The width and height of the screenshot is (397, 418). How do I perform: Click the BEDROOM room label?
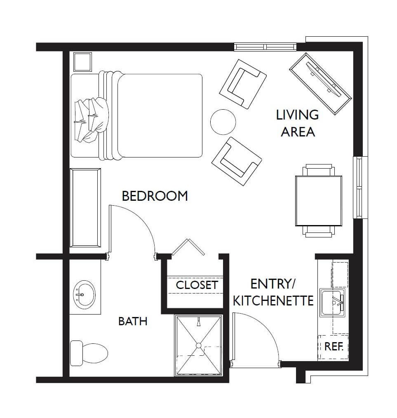click(x=155, y=196)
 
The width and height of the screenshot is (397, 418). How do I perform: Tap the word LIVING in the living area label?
click(x=297, y=115)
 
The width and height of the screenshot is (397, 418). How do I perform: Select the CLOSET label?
click(x=197, y=285)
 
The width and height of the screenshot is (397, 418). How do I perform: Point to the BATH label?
click(x=133, y=321)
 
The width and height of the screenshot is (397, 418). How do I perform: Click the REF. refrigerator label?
click(x=334, y=346)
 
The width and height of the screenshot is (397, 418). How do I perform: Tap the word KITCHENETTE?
click(x=273, y=301)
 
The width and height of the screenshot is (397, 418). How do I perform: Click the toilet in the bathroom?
click(x=89, y=353)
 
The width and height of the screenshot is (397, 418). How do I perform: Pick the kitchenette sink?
click(x=332, y=303)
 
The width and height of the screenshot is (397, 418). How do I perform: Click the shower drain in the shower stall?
click(x=198, y=345)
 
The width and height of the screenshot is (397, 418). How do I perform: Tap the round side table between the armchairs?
click(x=223, y=122)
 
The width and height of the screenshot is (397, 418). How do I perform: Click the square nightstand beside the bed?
click(x=82, y=61)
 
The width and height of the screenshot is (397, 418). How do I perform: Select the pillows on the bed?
click(x=92, y=119)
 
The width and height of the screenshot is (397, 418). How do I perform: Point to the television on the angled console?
click(x=324, y=79)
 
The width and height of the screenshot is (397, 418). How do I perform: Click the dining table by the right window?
click(x=319, y=201)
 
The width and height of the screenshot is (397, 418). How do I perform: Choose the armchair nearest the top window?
click(x=243, y=84)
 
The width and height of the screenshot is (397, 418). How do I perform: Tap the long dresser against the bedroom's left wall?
click(x=85, y=208)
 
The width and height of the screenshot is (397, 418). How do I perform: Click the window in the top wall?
click(x=265, y=47)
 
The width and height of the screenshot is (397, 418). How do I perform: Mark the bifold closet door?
click(x=188, y=247)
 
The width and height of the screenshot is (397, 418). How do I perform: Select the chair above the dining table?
click(x=319, y=170)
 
